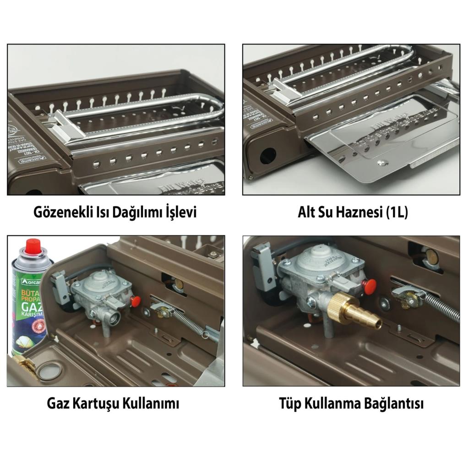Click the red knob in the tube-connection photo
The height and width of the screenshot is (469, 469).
(x=369, y=287)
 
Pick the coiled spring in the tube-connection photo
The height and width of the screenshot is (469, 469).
(x=442, y=308)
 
